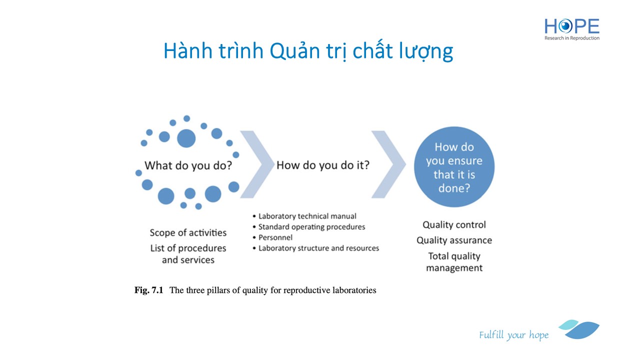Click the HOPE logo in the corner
[571, 29]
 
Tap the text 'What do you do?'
[188, 165]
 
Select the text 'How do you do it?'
[323, 165]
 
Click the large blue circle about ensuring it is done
[454, 167]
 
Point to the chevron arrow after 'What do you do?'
[257, 164]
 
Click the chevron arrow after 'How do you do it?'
[388, 164]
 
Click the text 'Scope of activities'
[188, 232]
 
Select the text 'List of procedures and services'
[188, 254]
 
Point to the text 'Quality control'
[454, 225]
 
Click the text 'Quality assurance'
[454, 240]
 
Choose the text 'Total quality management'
[454, 262]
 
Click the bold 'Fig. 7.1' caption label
[149, 290]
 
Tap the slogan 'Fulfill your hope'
[513, 335]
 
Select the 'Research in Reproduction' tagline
[571, 38]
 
